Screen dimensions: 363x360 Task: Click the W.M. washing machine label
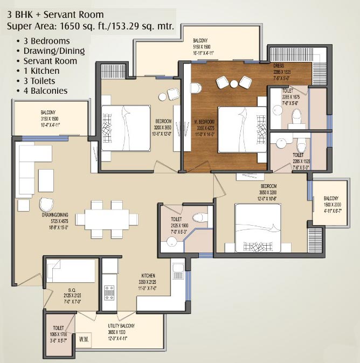coord(84,339)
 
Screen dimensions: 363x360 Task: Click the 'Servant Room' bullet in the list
coord(50,61)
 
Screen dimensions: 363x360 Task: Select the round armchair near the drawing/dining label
coord(47,204)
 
